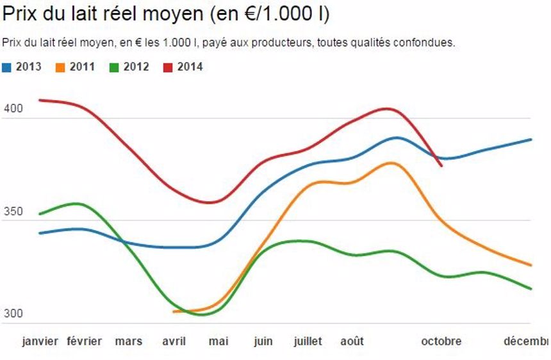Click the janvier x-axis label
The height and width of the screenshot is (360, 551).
click(40, 341)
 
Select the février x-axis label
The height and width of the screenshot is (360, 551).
click(85, 341)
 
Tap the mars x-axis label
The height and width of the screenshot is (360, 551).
click(129, 341)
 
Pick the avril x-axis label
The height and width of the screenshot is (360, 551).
click(174, 341)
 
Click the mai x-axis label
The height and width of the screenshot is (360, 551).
click(218, 341)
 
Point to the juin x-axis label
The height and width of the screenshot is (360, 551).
click(263, 341)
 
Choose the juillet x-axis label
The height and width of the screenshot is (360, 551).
click(308, 341)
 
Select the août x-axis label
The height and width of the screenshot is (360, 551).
click(352, 341)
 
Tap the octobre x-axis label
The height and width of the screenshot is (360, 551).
click(441, 341)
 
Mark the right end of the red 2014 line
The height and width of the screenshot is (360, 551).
click(441, 167)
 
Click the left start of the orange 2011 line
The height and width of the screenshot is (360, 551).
click(174, 311)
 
